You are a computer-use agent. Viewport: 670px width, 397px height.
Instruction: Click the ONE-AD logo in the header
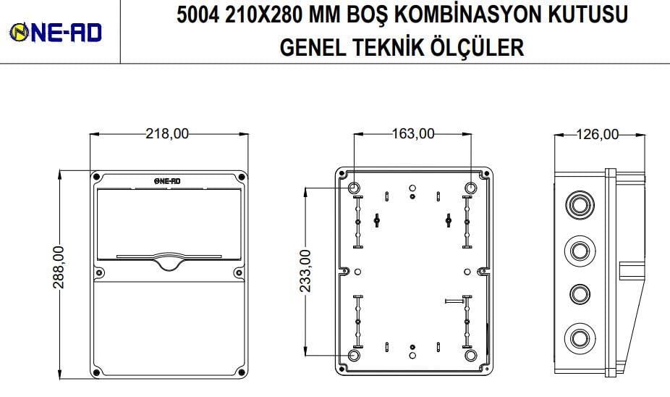click(x=55, y=31)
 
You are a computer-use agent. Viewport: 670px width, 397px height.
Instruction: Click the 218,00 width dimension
click(x=168, y=133)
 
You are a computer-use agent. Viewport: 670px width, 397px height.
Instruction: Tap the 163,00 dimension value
click(x=413, y=133)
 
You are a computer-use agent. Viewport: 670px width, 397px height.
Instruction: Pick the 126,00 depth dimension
click(x=598, y=133)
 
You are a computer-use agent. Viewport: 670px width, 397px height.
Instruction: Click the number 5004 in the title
click(x=199, y=15)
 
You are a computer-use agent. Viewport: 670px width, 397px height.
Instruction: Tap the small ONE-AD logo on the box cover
click(x=168, y=181)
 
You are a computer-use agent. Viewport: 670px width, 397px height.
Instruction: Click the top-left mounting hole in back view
click(x=355, y=188)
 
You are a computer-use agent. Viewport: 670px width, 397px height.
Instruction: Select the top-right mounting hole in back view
click(x=471, y=188)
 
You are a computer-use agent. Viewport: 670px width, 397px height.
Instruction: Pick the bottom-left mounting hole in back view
click(x=355, y=356)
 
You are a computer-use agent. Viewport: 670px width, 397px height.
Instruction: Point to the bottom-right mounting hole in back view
click(x=471, y=356)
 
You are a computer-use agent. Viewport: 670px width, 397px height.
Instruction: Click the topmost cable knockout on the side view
click(x=578, y=205)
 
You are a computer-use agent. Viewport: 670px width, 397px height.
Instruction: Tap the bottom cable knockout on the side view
click(x=578, y=338)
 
